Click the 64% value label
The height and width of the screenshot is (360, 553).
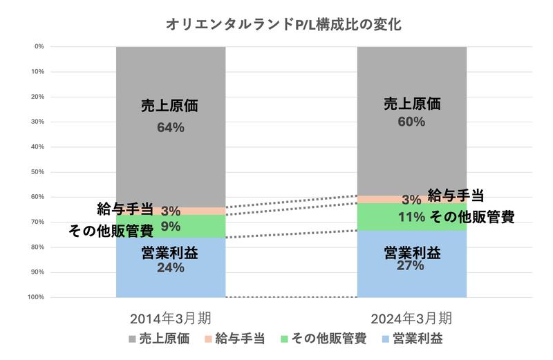170,128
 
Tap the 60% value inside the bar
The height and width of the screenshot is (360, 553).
412,122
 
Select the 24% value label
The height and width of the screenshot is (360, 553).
170,268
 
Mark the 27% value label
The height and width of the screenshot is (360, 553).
412,265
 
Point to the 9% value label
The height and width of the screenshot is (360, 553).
170,226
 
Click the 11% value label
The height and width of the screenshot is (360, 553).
412,216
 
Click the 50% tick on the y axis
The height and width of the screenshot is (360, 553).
39,172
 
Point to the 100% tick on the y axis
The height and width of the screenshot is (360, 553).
37,297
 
